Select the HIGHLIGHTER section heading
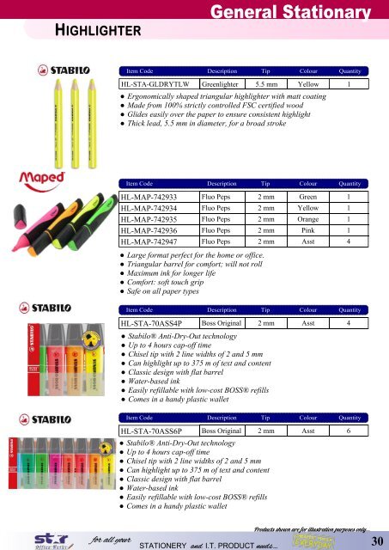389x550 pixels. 94,30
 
